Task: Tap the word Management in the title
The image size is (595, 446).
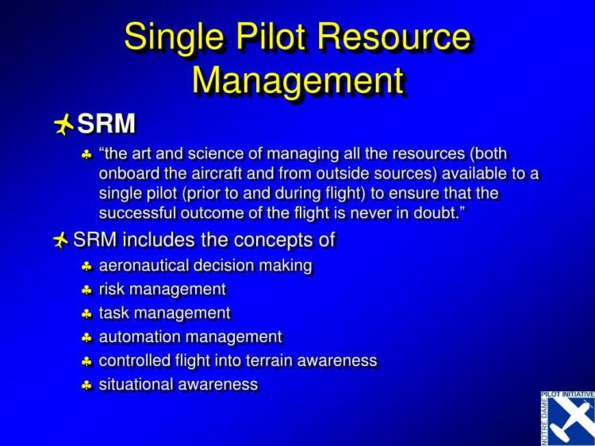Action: pyautogui.click(x=298, y=80)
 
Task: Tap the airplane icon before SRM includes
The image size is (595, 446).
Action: pyautogui.click(x=61, y=239)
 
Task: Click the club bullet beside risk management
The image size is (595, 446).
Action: pyautogui.click(x=87, y=290)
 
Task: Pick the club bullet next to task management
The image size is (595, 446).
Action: pyautogui.click(x=87, y=313)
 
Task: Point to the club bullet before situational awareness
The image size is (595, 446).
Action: pyautogui.click(x=87, y=385)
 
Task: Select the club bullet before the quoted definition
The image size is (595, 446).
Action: pyautogui.click(x=87, y=155)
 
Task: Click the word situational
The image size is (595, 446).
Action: pyautogui.click(x=134, y=384)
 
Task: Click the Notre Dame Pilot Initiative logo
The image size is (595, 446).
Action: pyautogui.click(x=566, y=417)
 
